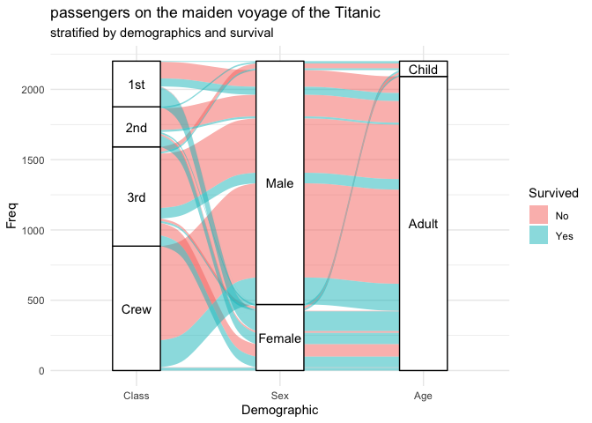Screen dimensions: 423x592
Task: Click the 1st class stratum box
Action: (x=136, y=85)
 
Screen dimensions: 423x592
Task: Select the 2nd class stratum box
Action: (x=136, y=128)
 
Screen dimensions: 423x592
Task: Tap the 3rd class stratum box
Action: (x=136, y=197)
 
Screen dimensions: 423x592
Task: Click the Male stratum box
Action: (x=279, y=183)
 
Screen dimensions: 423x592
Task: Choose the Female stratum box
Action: (x=279, y=338)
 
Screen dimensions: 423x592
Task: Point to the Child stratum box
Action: (x=423, y=69)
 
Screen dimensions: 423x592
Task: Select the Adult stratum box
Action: (x=423, y=224)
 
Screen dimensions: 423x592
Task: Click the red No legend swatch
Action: (x=538, y=214)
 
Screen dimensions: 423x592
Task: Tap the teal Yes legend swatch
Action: (x=538, y=235)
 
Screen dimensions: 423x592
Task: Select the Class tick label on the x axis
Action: (x=136, y=396)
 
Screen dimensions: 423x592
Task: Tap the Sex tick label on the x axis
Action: (x=279, y=396)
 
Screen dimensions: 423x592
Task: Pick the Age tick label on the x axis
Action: (x=423, y=396)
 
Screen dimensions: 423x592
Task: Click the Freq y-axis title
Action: (x=11, y=215)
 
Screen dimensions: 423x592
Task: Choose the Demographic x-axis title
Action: (x=279, y=411)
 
